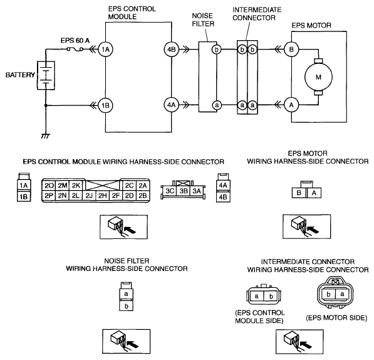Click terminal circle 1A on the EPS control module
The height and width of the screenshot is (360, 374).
coord(105,50)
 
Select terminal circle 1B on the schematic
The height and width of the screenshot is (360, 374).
coord(105,105)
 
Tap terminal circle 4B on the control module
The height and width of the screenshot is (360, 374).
coord(171,50)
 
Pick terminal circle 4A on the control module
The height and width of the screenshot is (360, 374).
coord(171,105)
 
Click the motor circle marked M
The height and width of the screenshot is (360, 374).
coord(318,77)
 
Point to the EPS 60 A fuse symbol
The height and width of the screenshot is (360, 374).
coord(75,50)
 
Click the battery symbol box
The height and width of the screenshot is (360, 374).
coord(46,75)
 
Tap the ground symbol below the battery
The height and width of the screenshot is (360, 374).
coord(45,136)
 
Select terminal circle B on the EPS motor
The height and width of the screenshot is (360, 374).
coord(291,50)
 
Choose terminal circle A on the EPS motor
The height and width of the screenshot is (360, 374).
coord(291,105)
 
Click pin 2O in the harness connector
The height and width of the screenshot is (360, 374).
coord(49,186)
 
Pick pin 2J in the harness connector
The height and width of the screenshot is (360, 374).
coord(89,196)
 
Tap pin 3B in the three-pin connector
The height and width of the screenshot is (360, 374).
coord(184,191)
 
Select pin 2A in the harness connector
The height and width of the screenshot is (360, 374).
coord(143,186)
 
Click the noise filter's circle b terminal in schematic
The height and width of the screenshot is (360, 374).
coord(217,50)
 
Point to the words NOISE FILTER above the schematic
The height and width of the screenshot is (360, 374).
coord(203,20)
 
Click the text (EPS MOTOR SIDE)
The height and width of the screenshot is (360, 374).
coord(336,318)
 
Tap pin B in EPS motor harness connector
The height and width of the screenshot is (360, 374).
coord(299,193)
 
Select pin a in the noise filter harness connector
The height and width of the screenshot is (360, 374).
coord(126,294)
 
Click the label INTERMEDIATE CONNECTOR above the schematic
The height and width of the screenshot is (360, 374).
coord(257,14)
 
